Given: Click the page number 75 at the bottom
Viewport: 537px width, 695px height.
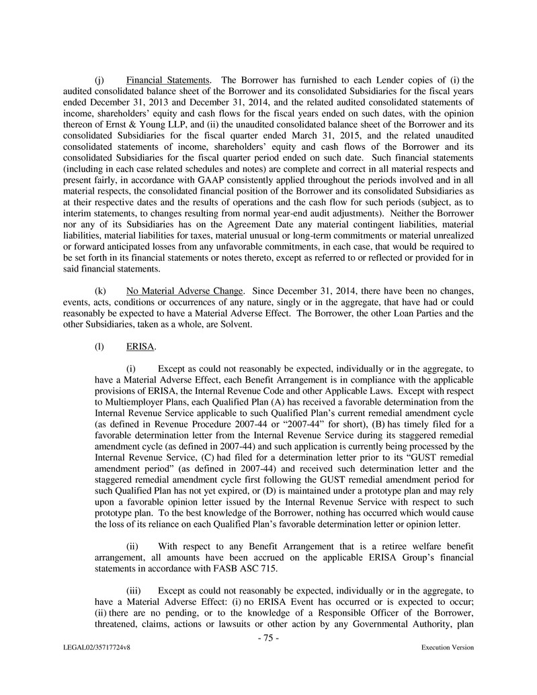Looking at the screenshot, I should pos(268,639).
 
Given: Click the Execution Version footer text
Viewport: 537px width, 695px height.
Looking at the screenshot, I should pos(448,647).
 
